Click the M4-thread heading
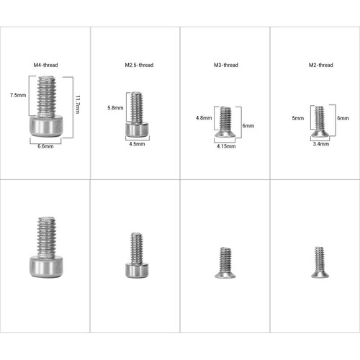(45, 65)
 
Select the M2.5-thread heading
(139, 65)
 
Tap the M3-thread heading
(226, 65)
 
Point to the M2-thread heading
(321, 65)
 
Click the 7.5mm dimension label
(18, 95)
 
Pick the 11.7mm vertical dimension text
(78, 104)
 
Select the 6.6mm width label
(45, 146)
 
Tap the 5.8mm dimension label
(115, 108)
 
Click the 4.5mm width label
(137, 144)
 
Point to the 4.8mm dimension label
(204, 118)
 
